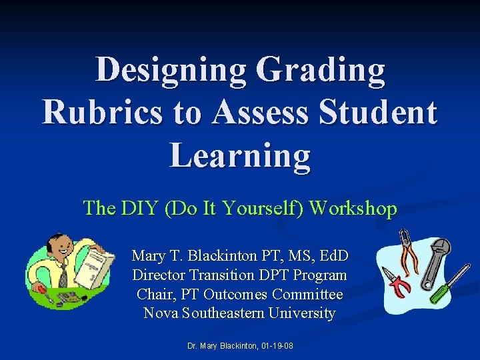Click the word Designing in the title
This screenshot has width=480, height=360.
click(x=170, y=70)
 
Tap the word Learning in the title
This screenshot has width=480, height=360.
click(x=240, y=155)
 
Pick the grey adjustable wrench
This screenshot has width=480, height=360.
click(x=437, y=257)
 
